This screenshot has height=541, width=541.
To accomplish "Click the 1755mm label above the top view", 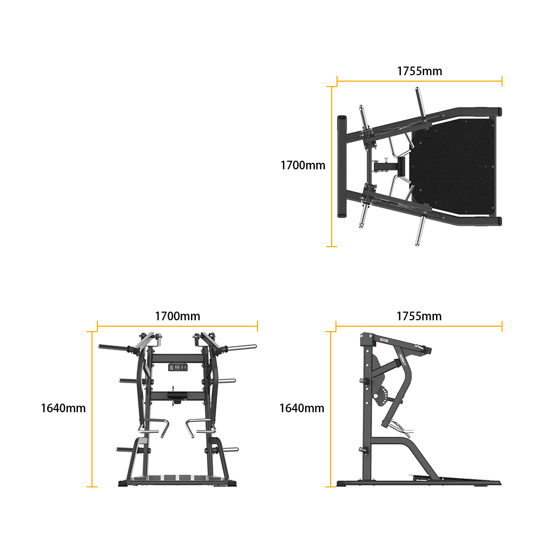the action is click(419, 71).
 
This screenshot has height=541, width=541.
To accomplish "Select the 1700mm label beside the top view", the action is click(302, 166).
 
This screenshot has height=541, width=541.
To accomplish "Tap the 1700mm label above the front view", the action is click(177, 316).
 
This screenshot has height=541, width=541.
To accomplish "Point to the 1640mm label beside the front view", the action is click(63, 408).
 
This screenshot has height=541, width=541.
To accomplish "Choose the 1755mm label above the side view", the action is click(419, 316).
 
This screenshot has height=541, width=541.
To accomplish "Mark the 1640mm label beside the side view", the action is click(301, 408).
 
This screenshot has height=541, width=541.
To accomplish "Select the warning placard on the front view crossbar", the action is click(177, 367).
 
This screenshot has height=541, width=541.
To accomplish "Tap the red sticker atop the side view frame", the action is click(384, 340).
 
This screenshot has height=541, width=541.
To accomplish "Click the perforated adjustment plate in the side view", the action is click(380, 396).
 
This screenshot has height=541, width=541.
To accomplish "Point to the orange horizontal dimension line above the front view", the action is click(177, 326).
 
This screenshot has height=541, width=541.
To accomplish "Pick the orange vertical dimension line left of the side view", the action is click(331, 409).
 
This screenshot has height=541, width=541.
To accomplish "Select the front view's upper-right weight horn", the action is click(241, 347).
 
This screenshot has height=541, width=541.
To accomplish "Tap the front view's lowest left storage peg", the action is click(126, 450).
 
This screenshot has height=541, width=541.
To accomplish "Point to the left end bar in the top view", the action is click(341, 167).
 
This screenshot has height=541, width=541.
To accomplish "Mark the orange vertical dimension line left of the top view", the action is click(331, 167).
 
